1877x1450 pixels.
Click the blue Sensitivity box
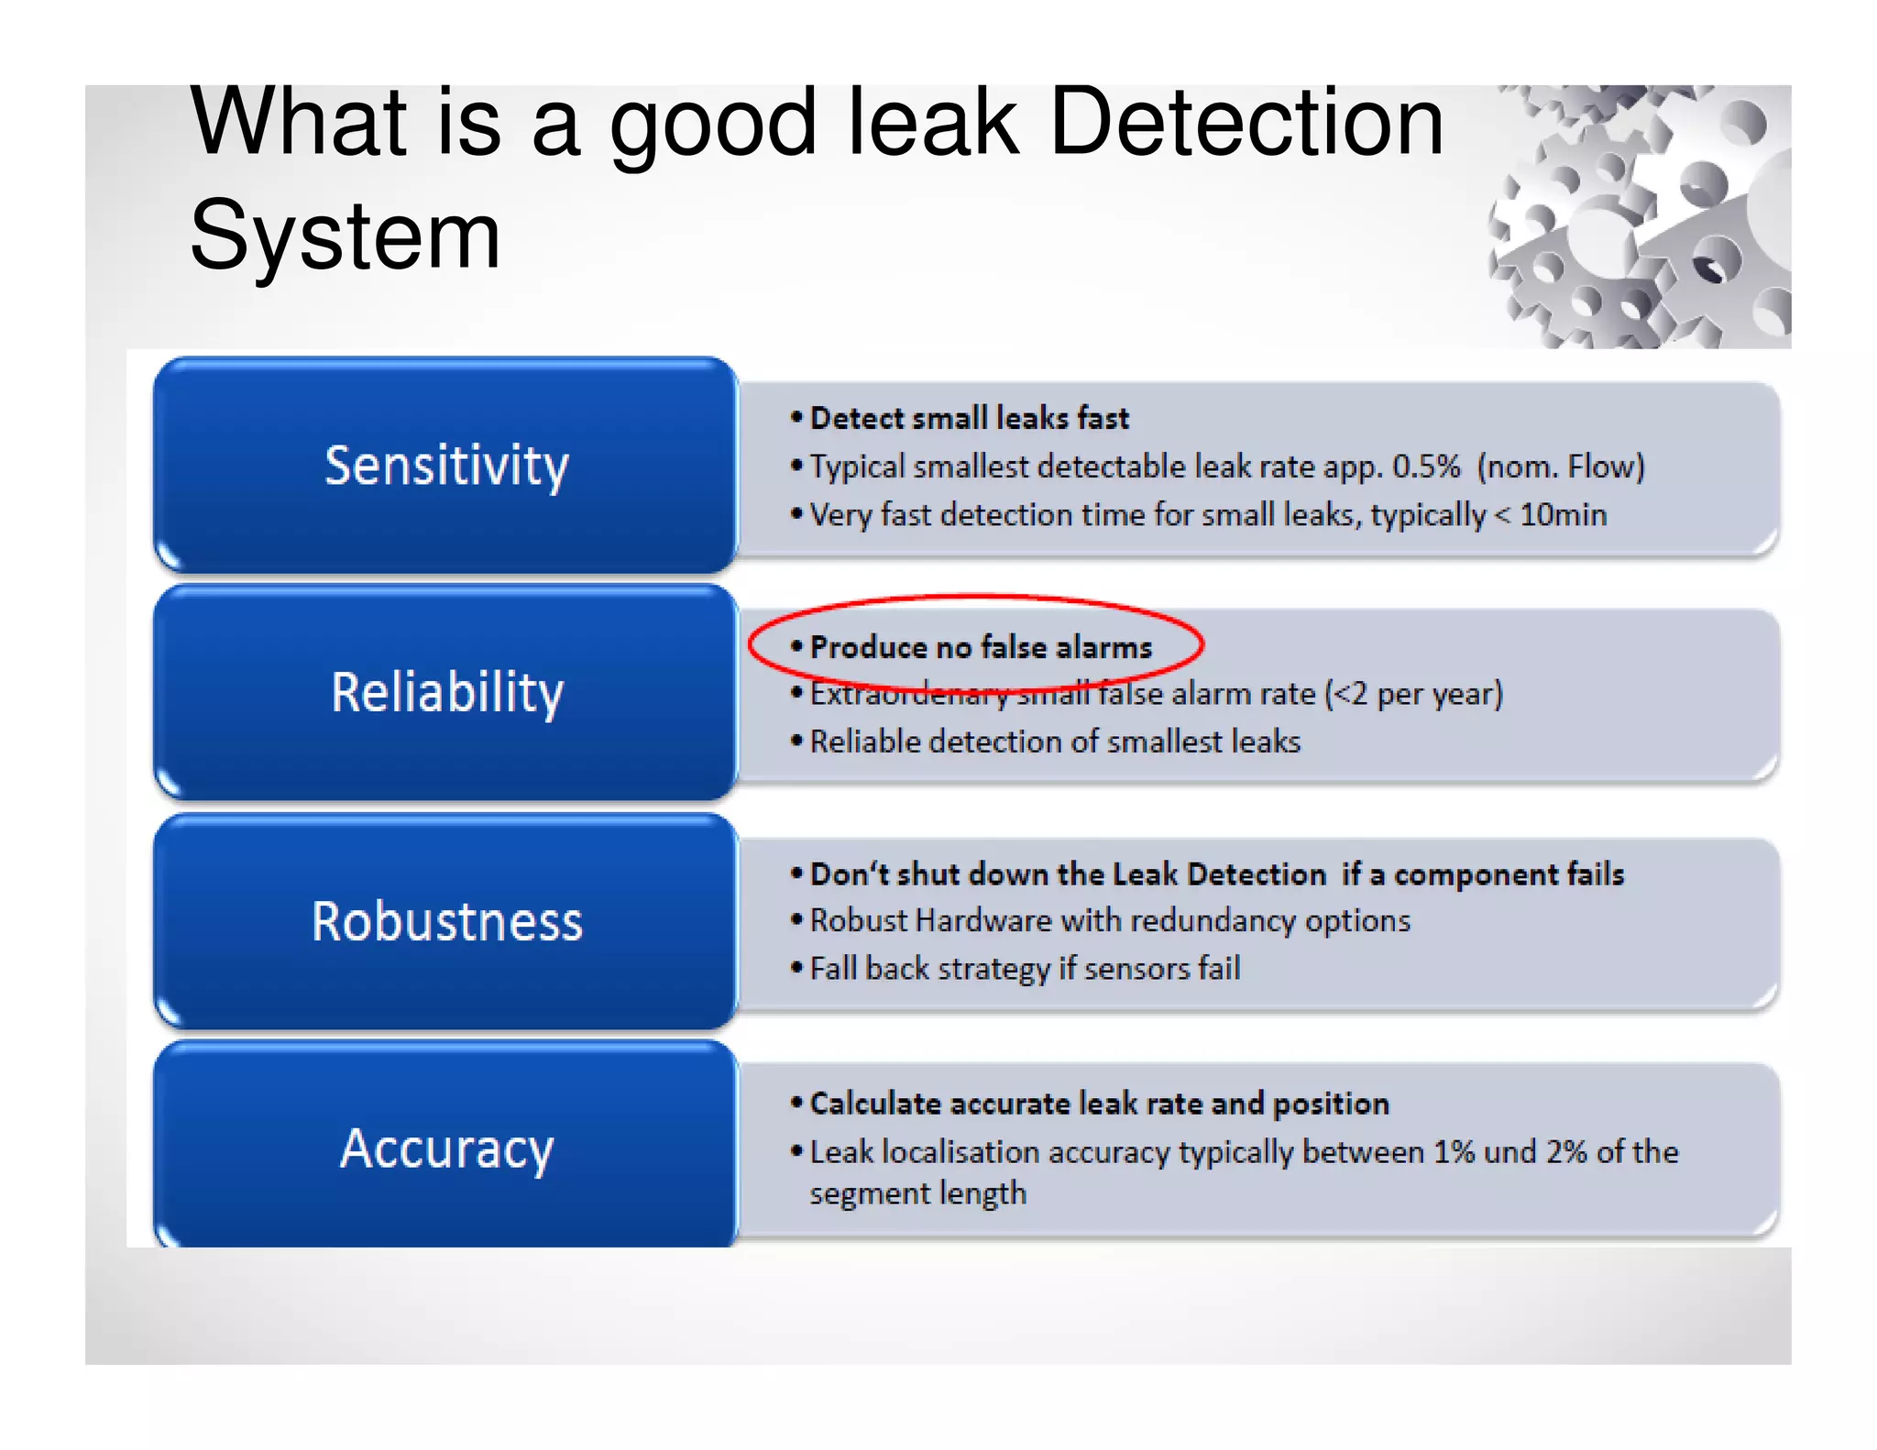446,465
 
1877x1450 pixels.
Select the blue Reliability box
446,692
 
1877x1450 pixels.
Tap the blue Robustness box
446,921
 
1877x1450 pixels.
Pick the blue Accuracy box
446,1148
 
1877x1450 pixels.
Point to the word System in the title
346,236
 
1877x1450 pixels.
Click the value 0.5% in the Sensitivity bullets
1426,467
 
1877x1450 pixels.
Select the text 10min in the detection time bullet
1563,515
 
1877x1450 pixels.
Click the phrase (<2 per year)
1414,694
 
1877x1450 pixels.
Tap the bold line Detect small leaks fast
970,419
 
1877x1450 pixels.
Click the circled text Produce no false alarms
981,648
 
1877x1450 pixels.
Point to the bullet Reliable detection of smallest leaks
1055,741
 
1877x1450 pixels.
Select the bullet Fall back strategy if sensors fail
1025,969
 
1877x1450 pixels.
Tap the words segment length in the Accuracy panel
917,1193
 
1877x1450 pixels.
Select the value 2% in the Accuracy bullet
1566,1152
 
